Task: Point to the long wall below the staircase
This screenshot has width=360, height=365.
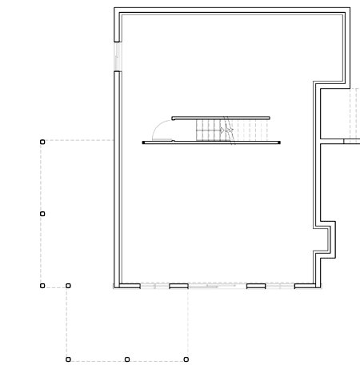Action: tap(212, 142)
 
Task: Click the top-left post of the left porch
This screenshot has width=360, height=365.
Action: tap(42, 142)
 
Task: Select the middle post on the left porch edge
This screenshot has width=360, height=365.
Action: tap(42, 214)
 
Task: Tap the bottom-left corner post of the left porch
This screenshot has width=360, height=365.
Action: tap(42, 285)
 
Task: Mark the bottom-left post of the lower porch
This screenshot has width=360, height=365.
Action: tap(68, 359)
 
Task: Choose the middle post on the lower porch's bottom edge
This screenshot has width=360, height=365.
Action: tap(127, 359)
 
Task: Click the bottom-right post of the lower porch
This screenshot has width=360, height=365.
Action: tap(186, 359)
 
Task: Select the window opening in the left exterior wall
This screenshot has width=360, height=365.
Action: tap(117, 57)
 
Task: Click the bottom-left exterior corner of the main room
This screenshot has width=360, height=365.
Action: tap(115, 287)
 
